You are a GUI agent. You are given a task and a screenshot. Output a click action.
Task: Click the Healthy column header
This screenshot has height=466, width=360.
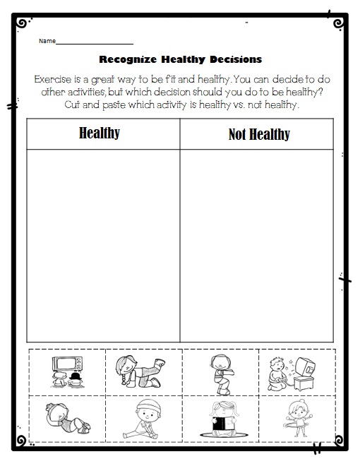100,133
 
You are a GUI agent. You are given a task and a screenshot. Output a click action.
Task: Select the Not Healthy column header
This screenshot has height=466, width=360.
259,134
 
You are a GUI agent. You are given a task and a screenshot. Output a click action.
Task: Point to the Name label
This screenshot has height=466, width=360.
47,41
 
